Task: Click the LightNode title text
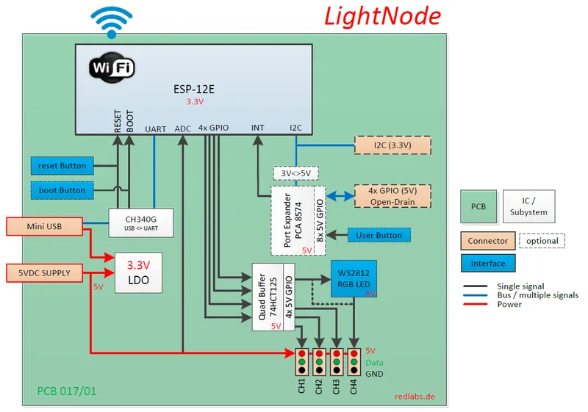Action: [x=382, y=16]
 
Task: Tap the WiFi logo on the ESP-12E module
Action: [x=112, y=68]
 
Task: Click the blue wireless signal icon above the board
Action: [x=112, y=21]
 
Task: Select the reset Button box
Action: [x=62, y=165]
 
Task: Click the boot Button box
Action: [x=62, y=190]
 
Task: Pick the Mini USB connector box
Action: [x=44, y=226]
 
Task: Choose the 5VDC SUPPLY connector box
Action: [x=44, y=273]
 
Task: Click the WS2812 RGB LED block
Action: [x=354, y=278]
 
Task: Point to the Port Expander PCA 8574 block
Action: [x=298, y=220]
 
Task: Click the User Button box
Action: [x=379, y=235]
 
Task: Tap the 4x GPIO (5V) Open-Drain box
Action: [x=392, y=196]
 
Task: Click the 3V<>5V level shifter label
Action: [x=296, y=173]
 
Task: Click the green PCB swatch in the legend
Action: [x=478, y=207]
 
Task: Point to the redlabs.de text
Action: [x=414, y=396]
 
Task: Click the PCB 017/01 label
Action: [x=66, y=391]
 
